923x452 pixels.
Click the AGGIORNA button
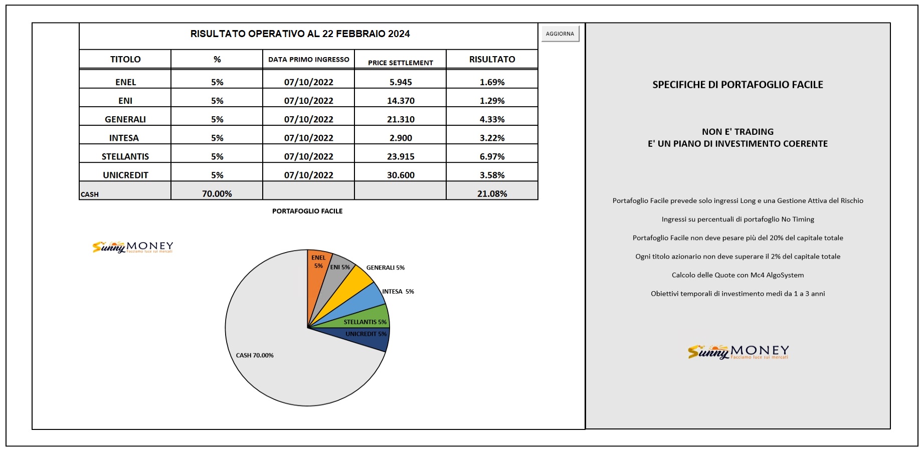pyautogui.click(x=560, y=34)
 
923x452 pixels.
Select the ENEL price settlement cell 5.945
pyautogui.click(x=401, y=82)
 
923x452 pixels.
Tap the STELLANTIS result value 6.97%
pyautogui.click(x=492, y=156)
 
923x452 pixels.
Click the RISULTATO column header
pyautogui.click(x=492, y=59)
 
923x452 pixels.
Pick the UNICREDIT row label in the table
pyautogui.click(x=125, y=175)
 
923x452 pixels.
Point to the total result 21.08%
pyautogui.click(x=492, y=193)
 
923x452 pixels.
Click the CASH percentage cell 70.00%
pyautogui.click(x=217, y=193)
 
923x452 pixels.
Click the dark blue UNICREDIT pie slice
pyautogui.click(x=368, y=338)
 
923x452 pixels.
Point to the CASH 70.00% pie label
pyautogui.click(x=255, y=355)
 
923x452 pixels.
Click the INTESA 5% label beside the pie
pyautogui.click(x=398, y=291)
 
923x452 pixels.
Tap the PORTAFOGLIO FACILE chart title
pyautogui.click(x=307, y=211)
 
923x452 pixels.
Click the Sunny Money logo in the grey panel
pyautogui.click(x=738, y=352)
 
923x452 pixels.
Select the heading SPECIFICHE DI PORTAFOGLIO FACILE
pyautogui.click(x=737, y=85)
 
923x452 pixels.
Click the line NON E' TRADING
pyautogui.click(x=737, y=132)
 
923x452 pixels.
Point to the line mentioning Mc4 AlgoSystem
pyautogui.click(x=737, y=275)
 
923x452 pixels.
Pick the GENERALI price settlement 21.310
pyautogui.click(x=401, y=119)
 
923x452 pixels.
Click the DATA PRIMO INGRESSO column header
pyautogui.click(x=308, y=59)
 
